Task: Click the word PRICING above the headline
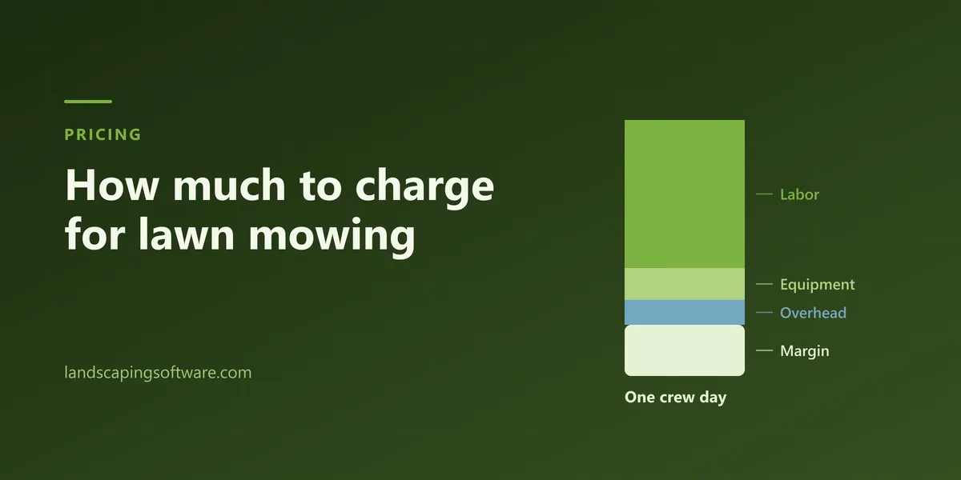coord(103,134)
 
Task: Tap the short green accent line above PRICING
coord(88,102)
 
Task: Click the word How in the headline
coord(112,185)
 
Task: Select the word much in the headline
coord(230,185)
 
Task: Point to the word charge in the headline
coord(424,189)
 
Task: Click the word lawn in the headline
coord(187,234)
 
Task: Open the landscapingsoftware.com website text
coord(158,373)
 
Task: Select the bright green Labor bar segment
coord(685,194)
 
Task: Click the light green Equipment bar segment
coord(685,284)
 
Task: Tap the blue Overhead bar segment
coord(685,313)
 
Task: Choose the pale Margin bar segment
coord(685,350)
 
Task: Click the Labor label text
coord(800,194)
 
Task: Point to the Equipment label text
coord(818,285)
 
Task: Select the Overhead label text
coord(813,313)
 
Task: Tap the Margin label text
coord(804,351)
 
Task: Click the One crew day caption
coord(676,398)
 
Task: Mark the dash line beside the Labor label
coord(764,194)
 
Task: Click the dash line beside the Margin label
coord(764,350)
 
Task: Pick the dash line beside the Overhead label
coord(764,313)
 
